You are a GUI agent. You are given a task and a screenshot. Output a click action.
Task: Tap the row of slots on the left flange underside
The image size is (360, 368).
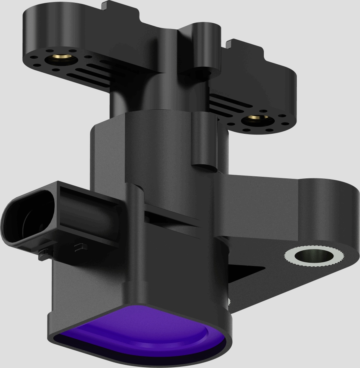click(91, 74)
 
